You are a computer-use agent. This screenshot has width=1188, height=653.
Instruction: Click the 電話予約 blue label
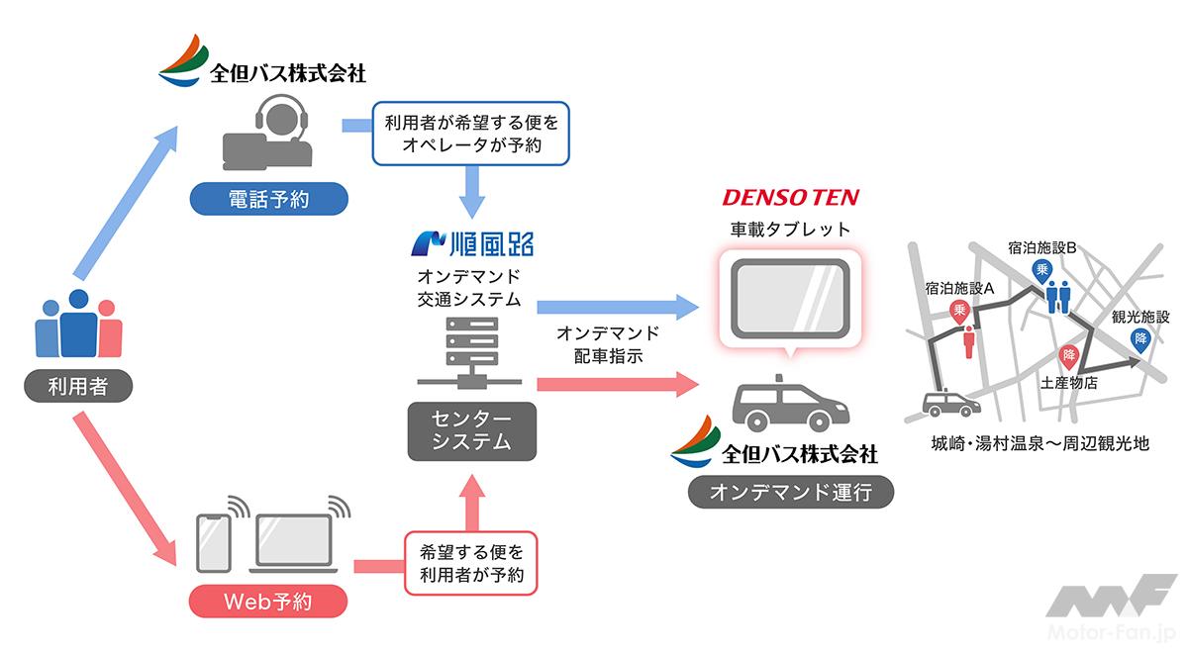[268, 200]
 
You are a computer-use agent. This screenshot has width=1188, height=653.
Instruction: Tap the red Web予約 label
[267, 600]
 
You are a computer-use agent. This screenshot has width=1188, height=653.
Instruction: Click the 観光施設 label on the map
[1140, 318]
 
